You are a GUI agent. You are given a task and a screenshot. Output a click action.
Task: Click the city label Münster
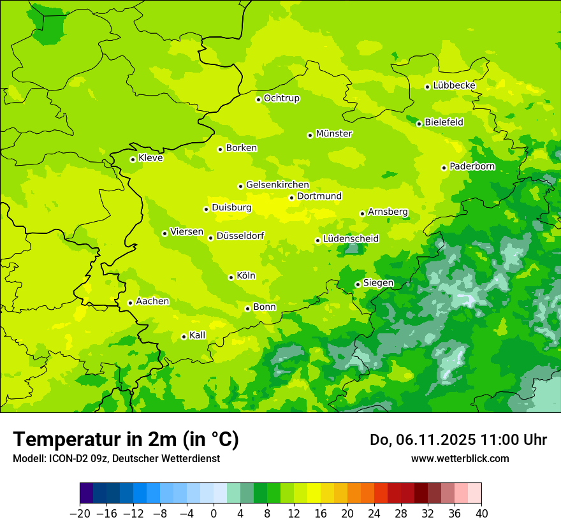(x=334, y=134)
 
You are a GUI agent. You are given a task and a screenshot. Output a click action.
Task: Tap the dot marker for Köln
(x=231, y=277)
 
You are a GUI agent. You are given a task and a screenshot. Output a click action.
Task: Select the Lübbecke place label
(x=454, y=85)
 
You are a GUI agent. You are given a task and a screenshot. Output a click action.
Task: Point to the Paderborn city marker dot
(x=444, y=168)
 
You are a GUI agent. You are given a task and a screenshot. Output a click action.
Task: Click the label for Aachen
(x=152, y=301)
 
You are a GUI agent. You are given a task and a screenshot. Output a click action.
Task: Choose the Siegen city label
(x=378, y=283)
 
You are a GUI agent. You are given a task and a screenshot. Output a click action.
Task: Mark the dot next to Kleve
(x=133, y=159)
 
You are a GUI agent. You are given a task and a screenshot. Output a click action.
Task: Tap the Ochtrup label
(x=281, y=98)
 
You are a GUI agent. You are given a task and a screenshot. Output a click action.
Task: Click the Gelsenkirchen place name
(x=277, y=185)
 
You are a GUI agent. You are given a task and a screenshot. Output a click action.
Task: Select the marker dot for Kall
(x=184, y=337)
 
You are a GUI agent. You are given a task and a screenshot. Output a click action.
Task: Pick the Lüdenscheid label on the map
(x=351, y=239)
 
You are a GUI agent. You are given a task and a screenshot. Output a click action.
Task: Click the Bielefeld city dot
(x=419, y=124)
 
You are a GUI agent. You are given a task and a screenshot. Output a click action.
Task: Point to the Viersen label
(x=187, y=232)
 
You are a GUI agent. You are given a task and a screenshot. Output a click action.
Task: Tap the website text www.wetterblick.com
(x=460, y=458)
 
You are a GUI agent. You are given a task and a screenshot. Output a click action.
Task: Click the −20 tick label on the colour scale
(x=80, y=514)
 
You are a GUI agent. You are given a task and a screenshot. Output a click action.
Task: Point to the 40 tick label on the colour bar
(x=481, y=514)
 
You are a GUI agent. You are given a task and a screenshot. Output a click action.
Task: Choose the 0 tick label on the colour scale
(x=214, y=514)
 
